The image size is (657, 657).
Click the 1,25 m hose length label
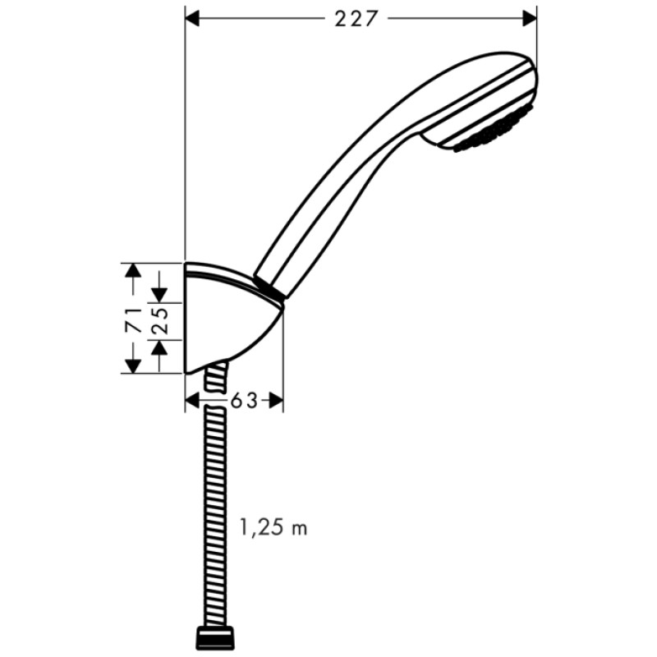click(273, 527)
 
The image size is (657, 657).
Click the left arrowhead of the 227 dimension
click(194, 17)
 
